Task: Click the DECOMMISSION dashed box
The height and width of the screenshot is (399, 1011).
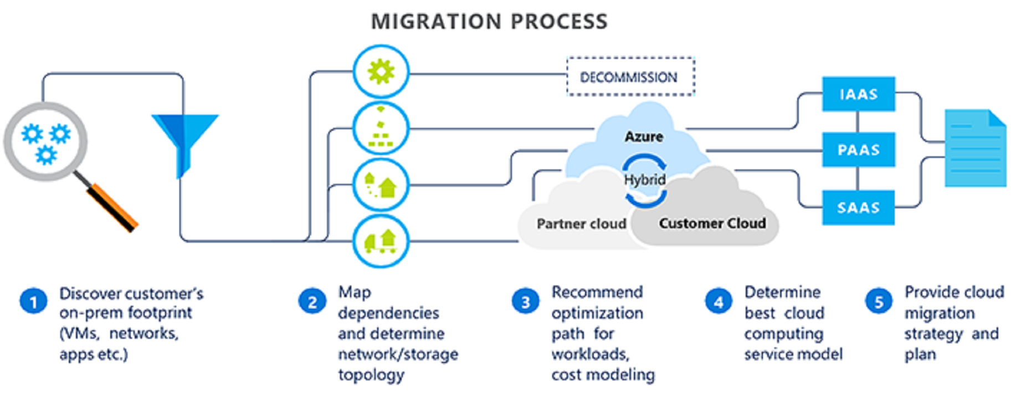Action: click(x=630, y=76)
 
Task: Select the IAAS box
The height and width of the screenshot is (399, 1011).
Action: click(x=858, y=94)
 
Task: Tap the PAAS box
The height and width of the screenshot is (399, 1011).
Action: click(x=858, y=150)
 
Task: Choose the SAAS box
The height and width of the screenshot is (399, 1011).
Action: click(x=858, y=208)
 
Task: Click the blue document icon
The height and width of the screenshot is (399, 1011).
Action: click(x=975, y=149)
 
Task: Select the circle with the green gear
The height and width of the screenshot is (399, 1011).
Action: click(x=381, y=72)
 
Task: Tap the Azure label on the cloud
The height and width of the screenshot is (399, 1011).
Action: click(x=644, y=136)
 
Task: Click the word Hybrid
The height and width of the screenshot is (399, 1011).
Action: click(x=645, y=180)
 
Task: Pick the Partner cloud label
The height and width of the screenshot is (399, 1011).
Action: click(x=581, y=224)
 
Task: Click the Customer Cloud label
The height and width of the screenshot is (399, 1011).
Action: click(x=712, y=223)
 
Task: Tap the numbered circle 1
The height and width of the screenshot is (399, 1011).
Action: click(x=33, y=301)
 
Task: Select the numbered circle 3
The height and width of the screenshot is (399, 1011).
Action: click(x=525, y=301)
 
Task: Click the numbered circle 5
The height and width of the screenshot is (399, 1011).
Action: click(x=879, y=301)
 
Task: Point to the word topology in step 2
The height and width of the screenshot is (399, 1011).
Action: click(x=371, y=375)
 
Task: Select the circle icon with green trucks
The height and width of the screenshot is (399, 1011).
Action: click(x=381, y=242)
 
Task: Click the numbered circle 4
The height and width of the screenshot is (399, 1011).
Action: click(x=719, y=301)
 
